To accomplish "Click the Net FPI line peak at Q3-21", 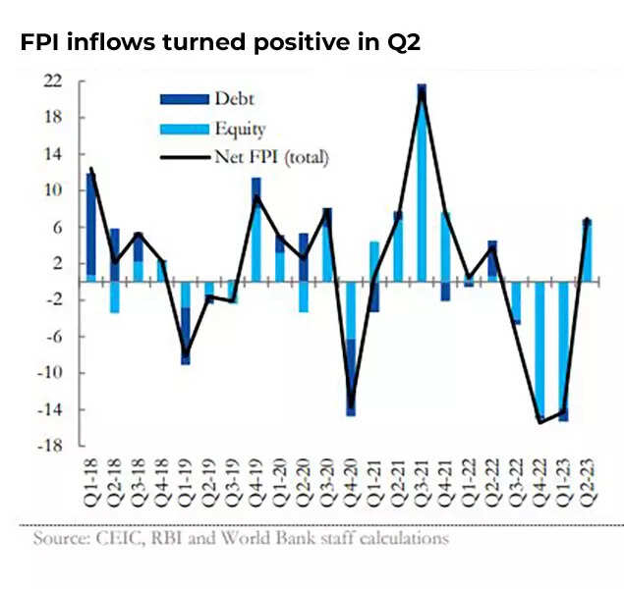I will pos(422,91).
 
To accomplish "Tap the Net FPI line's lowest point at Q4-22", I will pos(539,422).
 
